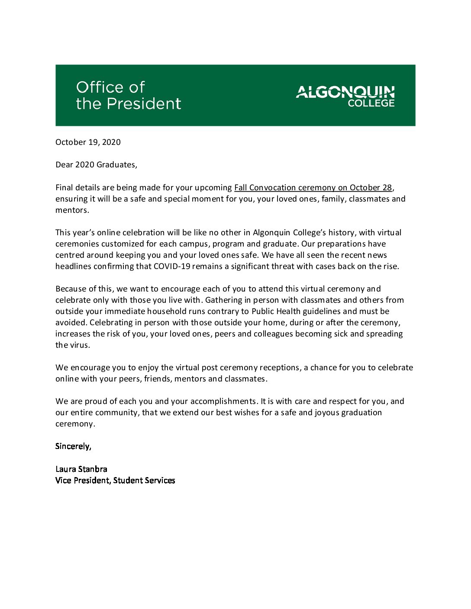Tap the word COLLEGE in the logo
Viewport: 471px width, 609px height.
coord(371,103)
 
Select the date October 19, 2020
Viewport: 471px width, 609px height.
coord(88,142)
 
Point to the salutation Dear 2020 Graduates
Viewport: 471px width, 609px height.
coord(96,165)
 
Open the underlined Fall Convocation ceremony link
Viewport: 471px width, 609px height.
coord(313,188)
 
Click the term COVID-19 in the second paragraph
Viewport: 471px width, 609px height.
coord(172,266)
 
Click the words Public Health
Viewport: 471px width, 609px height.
coord(276,311)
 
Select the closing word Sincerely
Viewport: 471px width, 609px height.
coord(73,446)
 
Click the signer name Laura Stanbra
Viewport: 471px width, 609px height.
coord(81,469)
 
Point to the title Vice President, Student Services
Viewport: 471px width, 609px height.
coord(115,481)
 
